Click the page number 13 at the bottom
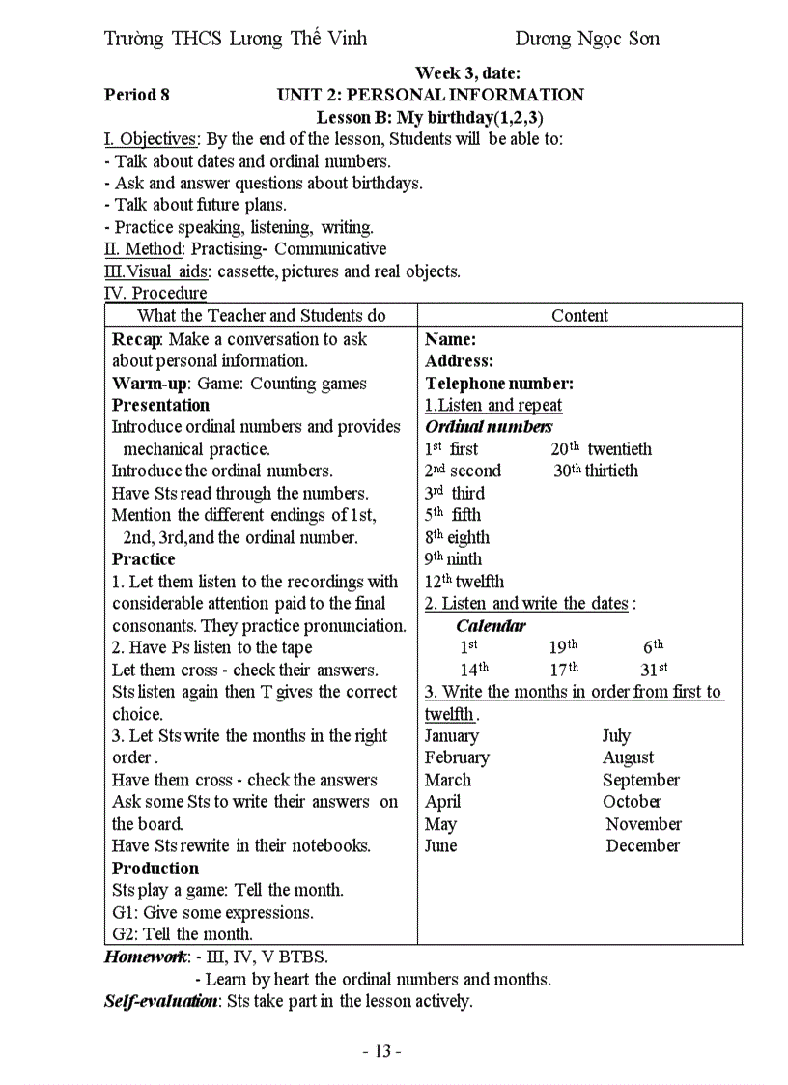pyautogui.click(x=381, y=1051)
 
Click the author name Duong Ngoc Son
pyautogui.click(x=586, y=39)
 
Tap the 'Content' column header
pyautogui.click(x=579, y=316)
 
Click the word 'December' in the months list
pyautogui.click(x=642, y=846)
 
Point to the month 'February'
pyautogui.click(x=457, y=758)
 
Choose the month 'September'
pyautogui.click(x=640, y=781)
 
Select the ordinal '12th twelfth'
pyautogui.click(x=464, y=582)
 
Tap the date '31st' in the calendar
pyautogui.click(x=655, y=669)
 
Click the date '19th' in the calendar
pyautogui.click(x=563, y=647)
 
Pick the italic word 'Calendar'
pyautogui.click(x=491, y=626)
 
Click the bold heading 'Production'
pyautogui.click(x=155, y=869)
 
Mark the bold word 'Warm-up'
pyautogui.click(x=150, y=384)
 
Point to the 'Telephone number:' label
pyautogui.click(x=499, y=384)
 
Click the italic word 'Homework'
pyautogui.click(x=147, y=957)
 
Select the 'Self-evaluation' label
pyautogui.click(x=160, y=1001)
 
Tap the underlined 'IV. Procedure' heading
pyautogui.click(x=155, y=293)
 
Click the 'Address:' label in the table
pyautogui.click(x=459, y=361)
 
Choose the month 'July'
pyautogui.click(x=616, y=736)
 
